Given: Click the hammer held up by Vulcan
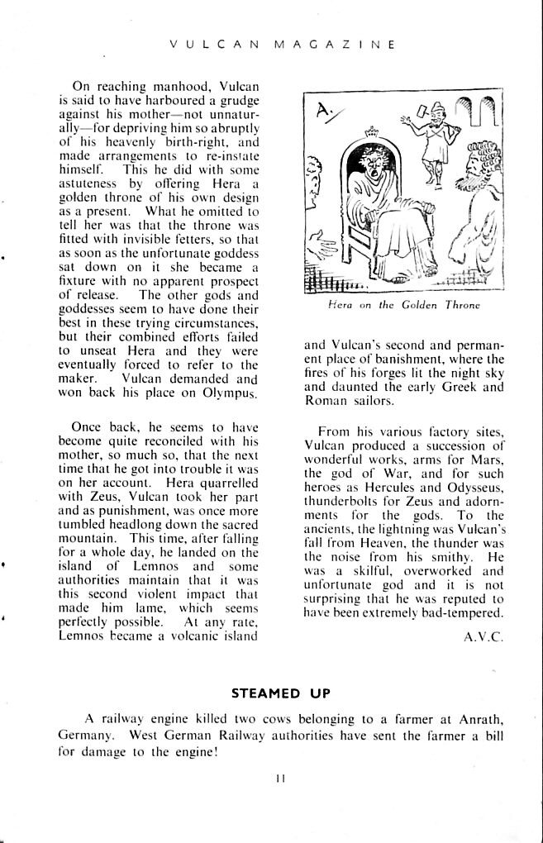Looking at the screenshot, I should tap(422, 110).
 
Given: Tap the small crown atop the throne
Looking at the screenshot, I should tap(369, 130).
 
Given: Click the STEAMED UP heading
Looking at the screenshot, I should tap(280, 693).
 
